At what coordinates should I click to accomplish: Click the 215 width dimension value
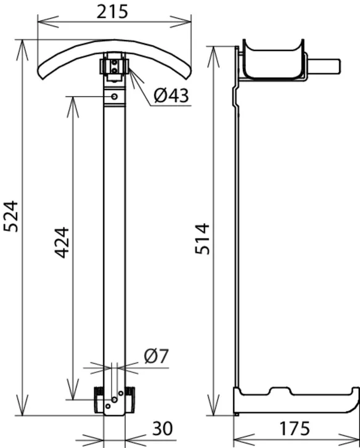(x=112, y=12)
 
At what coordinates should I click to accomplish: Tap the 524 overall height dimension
(x=11, y=216)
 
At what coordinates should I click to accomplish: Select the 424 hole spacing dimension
(x=62, y=243)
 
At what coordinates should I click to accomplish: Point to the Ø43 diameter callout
(x=171, y=96)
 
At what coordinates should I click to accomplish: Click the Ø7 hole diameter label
(x=157, y=356)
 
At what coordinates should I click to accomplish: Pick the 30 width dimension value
(x=163, y=428)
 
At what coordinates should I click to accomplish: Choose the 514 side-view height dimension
(x=202, y=239)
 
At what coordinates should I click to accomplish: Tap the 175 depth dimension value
(x=294, y=428)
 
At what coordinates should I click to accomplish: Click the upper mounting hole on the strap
(x=114, y=97)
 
